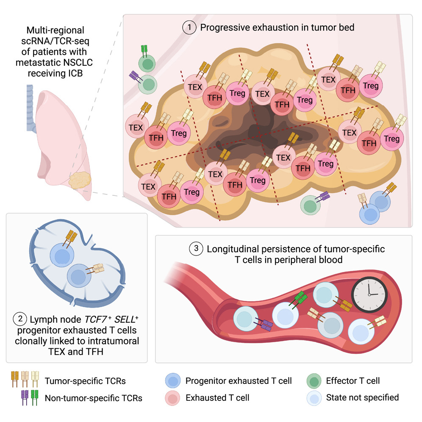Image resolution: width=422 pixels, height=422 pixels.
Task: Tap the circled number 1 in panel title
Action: [189, 28]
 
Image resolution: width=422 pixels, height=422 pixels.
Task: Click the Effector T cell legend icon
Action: [313, 381]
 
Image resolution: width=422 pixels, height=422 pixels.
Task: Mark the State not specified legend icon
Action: [313, 398]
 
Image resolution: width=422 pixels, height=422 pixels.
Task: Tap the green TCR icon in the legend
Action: [34, 397]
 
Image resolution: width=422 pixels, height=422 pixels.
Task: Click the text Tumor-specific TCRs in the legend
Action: [85, 381]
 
